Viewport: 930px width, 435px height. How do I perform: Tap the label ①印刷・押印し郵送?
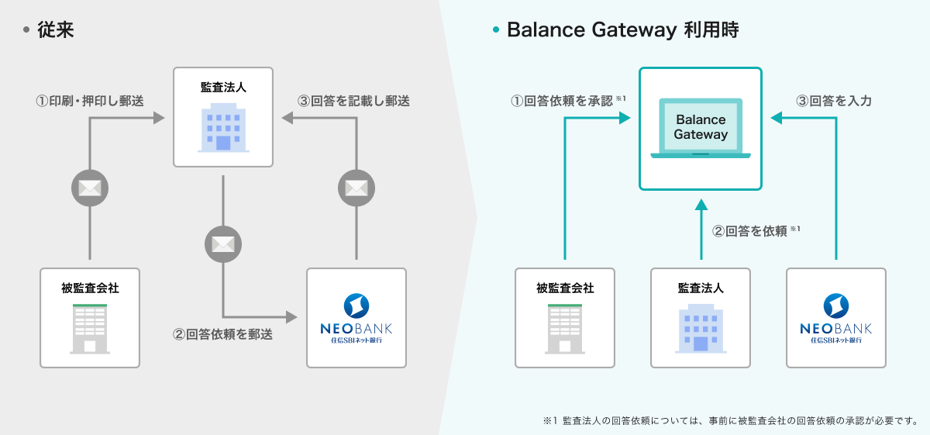coord(90,101)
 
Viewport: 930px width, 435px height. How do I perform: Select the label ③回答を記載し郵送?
coord(354,101)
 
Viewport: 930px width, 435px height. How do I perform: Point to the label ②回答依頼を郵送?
coord(223,336)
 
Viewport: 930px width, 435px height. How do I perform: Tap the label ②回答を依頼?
coord(750,230)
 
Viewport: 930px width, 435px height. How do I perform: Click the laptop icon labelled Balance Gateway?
coord(701,128)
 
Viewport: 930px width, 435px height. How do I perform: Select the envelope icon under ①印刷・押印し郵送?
coord(91,188)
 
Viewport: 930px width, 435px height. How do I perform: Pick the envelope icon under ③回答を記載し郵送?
coord(356,188)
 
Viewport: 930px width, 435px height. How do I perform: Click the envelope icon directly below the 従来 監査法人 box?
coord(223,244)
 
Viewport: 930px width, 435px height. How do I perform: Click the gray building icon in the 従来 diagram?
coord(90,329)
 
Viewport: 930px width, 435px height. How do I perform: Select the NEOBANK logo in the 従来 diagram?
coord(356,318)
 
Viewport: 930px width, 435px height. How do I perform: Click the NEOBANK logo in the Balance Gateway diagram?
coord(836,318)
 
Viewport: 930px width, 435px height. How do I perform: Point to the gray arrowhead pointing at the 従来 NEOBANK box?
coord(291,317)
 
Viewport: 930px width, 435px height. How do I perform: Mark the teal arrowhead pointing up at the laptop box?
coord(701,204)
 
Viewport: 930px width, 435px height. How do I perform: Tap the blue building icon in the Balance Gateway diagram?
coord(701,329)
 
